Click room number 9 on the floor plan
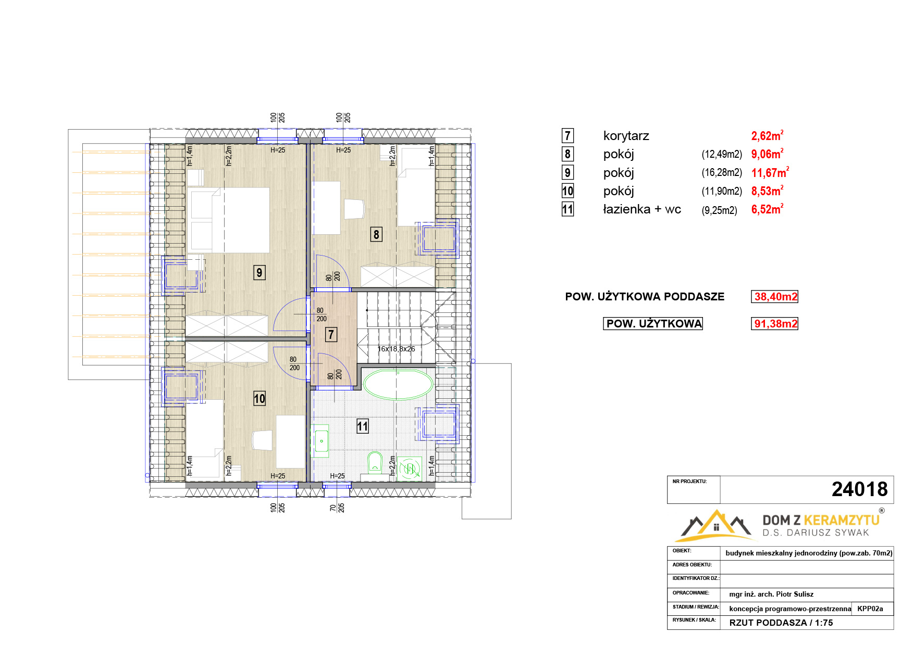tap(260, 273)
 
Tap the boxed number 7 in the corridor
tap(331, 334)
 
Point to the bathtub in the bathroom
tap(398, 384)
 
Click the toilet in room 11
tap(375, 462)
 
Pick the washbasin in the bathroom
tap(321, 441)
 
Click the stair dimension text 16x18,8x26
tap(396, 349)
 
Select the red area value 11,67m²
tap(770, 172)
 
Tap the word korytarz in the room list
tap(626, 136)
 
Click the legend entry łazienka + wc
tap(642, 209)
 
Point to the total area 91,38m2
tap(775, 324)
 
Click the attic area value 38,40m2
tap(775, 297)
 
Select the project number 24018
tap(859, 489)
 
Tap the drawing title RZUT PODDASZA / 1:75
tap(781, 623)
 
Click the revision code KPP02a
tap(870, 609)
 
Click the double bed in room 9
tap(229, 220)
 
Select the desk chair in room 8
tap(354, 209)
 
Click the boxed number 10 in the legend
tap(567, 191)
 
